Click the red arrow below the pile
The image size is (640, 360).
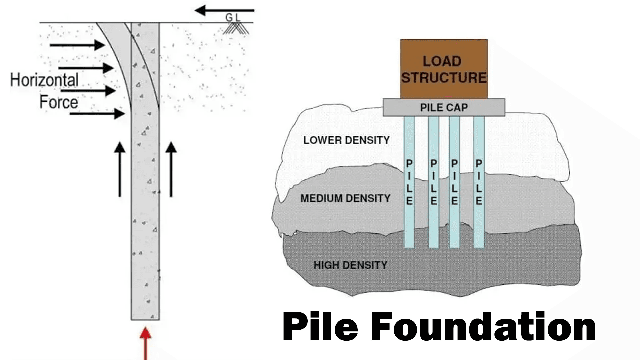coord(145,343)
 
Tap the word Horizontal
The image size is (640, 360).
coord(44,80)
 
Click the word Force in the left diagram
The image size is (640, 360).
coord(59,102)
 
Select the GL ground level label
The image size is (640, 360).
coord(233,17)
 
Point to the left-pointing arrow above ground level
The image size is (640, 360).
coord(224,11)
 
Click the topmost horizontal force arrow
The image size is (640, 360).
coord(77,45)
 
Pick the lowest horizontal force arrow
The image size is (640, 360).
coord(97,114)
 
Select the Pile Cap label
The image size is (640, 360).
coord(444,108)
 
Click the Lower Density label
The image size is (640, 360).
coord(346,140)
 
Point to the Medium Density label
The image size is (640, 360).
coord(345,199)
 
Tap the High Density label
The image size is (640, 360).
coord(350,265)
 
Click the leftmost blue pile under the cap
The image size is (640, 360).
coord(409,220)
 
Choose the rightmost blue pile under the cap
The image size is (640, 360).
coord(479,220)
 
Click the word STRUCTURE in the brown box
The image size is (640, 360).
coord(444,78)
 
